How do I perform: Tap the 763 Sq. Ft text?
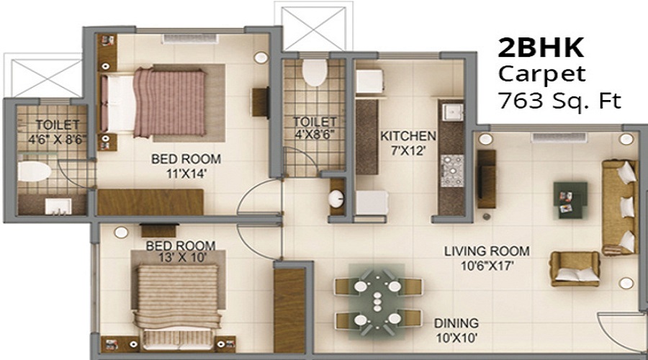pos(559,100)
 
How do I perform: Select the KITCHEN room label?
pos(408,135)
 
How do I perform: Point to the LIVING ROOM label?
pos(487,251)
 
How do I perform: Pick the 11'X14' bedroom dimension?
pos(185,173)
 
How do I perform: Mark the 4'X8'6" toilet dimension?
pos(315,135)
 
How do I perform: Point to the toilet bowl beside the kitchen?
pos(315,72)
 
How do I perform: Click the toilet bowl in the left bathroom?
pos(34,171)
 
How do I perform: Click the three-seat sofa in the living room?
pos(620,206)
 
